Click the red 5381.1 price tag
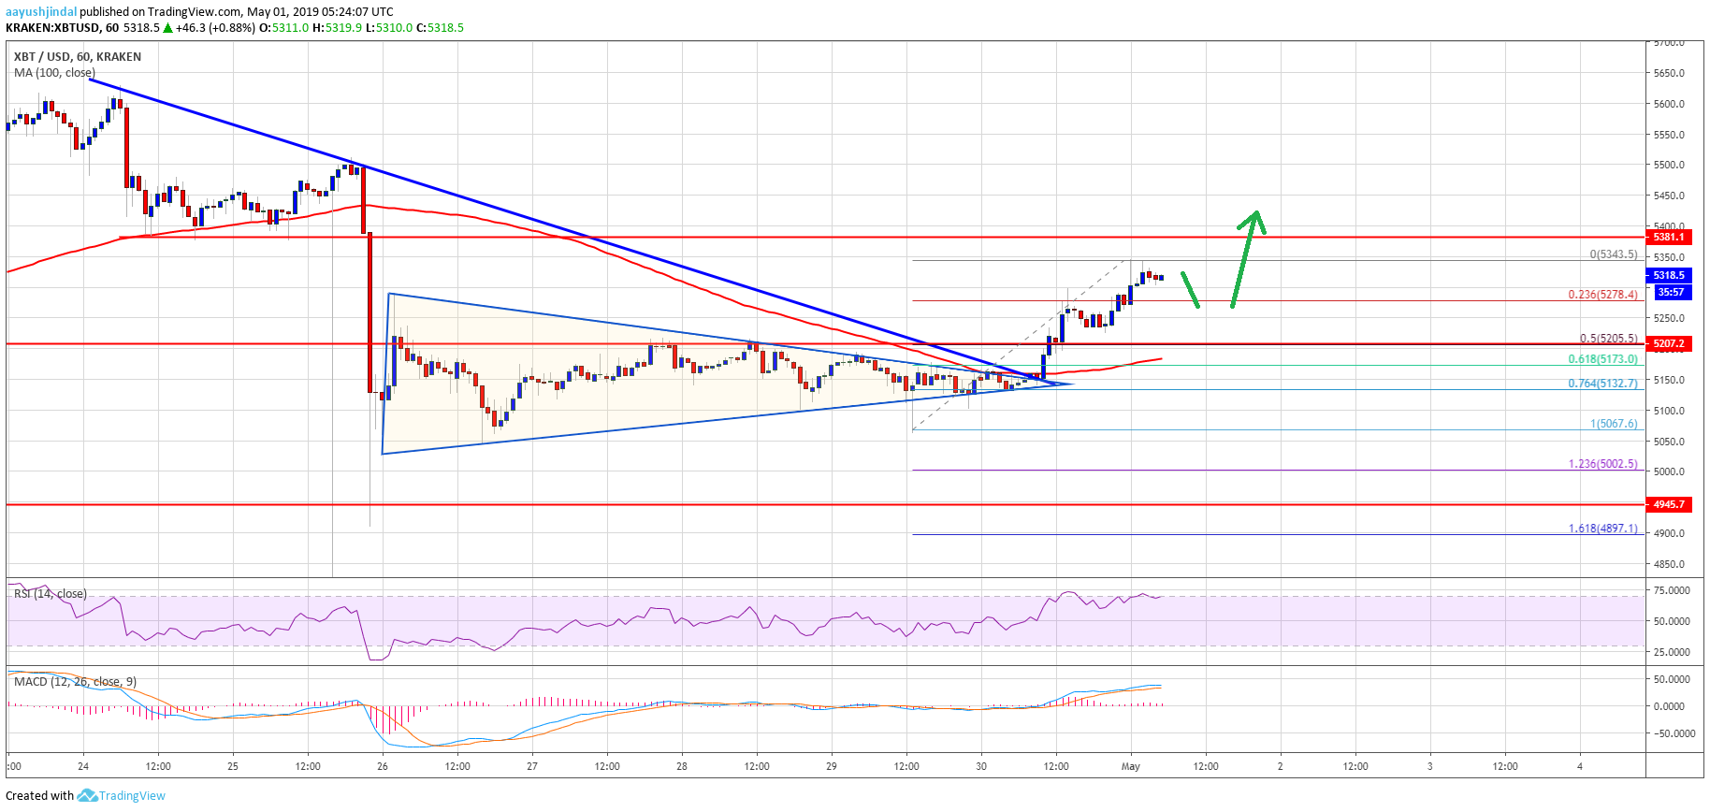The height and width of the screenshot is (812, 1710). [x=1668, y=238]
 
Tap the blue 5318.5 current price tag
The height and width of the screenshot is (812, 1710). [x=1668, y=275]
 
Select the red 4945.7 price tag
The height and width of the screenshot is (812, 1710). [x=1668, y=504]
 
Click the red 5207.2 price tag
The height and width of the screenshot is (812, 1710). [x=1668, y=344]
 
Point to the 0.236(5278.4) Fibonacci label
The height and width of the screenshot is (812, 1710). [x=1602, y=295]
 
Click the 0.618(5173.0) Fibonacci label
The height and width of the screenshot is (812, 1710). [x=1602, y=359]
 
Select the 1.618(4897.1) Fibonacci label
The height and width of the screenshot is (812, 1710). [x=1602, y=529]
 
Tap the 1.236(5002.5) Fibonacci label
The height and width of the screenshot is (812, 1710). [x=1602, y=464]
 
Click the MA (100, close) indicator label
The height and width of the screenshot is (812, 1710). [x=54, y=73]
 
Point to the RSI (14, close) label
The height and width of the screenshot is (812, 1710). [x=51, y=594]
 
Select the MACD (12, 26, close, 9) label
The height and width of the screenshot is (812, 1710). [x=75, y=682]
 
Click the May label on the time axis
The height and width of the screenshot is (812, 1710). [x=1131, y=766]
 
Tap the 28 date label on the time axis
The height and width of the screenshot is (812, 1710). [x=682, y=766]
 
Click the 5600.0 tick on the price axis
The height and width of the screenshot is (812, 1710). [x=1669, y=104]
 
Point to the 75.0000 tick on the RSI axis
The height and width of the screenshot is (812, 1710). [x=1672, y=590]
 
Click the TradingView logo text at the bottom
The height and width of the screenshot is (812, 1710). [x=132, y=796]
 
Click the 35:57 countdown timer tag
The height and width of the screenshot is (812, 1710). [x=1670, y=293]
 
